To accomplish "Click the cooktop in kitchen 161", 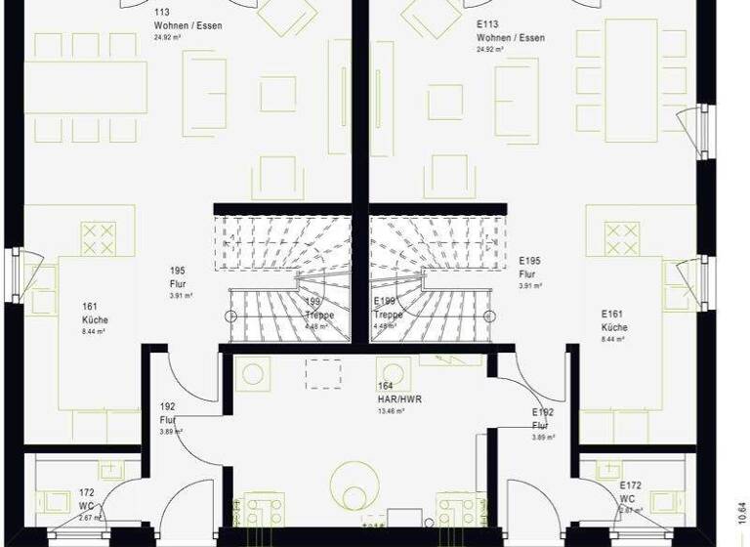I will (99, 237).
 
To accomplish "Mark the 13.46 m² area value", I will (392, 411).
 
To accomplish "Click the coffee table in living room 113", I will (278, 94).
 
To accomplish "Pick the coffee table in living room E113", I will (445, 102).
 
